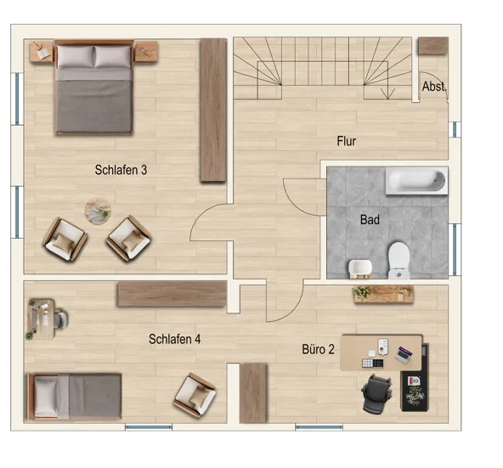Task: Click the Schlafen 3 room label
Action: [121, 170]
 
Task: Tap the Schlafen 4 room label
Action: [174, 339]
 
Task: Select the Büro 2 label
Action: [318, 349]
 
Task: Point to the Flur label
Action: [346, 141]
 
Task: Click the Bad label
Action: [370, 220]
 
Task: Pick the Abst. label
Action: [433, 87]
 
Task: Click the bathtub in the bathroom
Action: [416, 181]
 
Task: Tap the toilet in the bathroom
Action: [399, 260]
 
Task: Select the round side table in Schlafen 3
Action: [98, 211]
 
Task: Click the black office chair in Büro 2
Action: [376, 393]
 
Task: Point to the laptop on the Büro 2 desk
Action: [404, 354]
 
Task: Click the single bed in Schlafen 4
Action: [75, 397]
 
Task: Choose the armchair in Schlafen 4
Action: [195, 395]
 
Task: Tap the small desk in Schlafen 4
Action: [41, 319]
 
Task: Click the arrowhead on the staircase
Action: [387, 94]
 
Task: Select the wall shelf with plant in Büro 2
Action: [382, 295]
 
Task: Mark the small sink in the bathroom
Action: [360, 268]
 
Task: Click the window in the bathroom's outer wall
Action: [455, 250]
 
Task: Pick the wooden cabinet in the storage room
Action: [433, 46]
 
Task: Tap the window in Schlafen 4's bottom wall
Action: [149, 427]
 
